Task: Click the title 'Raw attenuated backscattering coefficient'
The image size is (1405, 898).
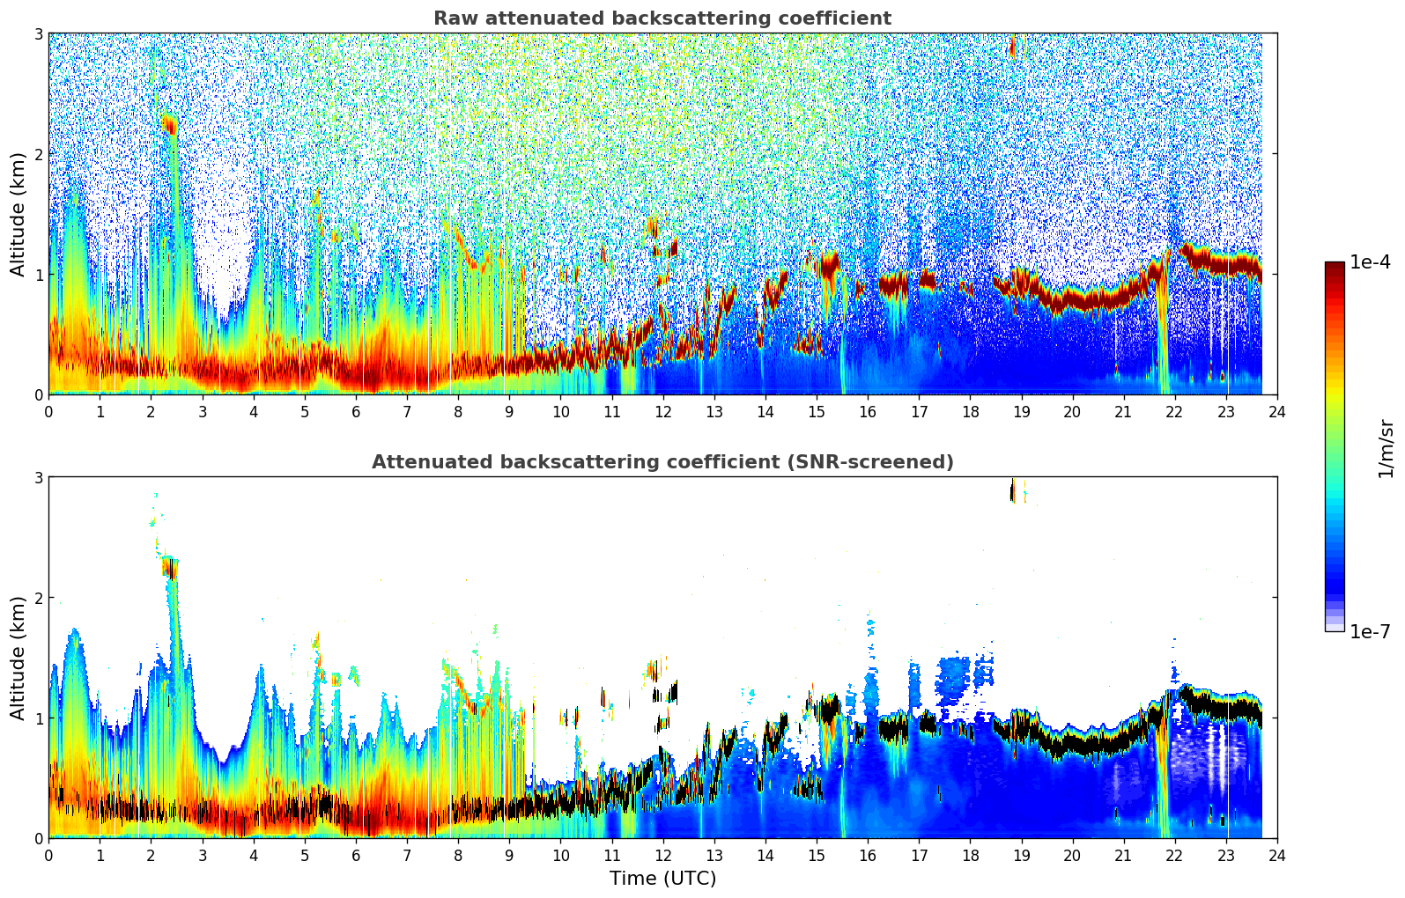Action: [662, 18]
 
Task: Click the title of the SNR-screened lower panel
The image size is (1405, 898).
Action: [662, 462]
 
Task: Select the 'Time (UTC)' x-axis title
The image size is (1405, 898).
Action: [662, 879]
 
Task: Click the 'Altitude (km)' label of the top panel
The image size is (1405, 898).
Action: [18, 214]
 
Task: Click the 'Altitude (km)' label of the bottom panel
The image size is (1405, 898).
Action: [18, 658]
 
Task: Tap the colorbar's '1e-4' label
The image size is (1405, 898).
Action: [1370, 262]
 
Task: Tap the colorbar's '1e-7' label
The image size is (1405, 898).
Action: [1370, 632]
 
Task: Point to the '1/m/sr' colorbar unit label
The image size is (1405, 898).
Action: [1386, 447]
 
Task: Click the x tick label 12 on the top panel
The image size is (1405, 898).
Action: [662, 411]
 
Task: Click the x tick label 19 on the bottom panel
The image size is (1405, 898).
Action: [1021, 855]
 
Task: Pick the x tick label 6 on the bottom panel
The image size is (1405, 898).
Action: [356, 855]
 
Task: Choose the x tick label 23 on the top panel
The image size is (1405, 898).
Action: [1225, 411]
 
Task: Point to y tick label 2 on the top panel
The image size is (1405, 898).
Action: [39, 154]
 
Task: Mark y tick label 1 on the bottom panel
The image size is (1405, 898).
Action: [39, 718]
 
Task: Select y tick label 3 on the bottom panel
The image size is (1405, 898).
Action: [39, 477]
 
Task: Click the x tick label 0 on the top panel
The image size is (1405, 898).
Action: [48, 411]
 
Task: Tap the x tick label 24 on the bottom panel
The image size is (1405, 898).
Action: [1276, 855]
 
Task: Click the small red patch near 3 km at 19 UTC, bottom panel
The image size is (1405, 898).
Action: [1012, 491]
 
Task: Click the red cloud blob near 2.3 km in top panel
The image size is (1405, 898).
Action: [170, 125]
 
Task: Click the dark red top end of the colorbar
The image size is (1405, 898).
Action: [1334, 267]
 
